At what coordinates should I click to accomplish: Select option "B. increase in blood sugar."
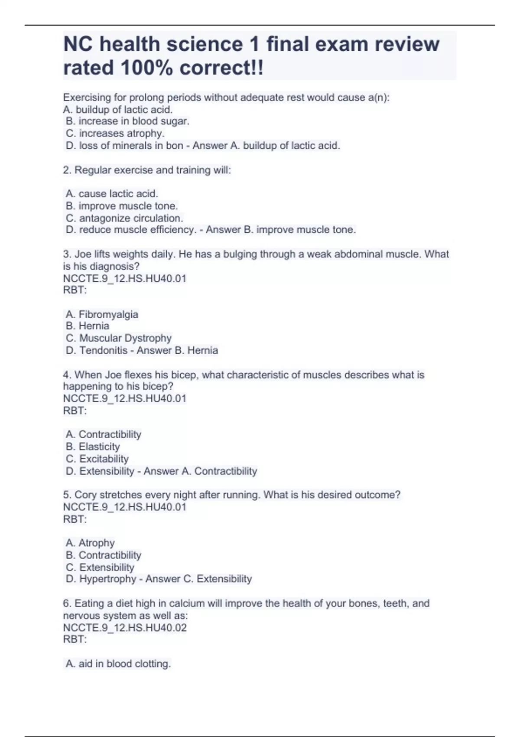point(127,121)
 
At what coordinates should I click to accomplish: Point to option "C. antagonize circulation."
point(124,218)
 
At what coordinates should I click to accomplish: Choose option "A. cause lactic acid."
point(112,193)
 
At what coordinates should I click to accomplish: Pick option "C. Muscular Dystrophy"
point(119,338)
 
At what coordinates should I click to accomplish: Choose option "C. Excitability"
point(97,459)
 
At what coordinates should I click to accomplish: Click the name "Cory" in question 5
point(85,495)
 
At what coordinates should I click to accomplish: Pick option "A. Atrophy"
point(90,543)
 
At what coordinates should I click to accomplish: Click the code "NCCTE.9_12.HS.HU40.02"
point(125,627)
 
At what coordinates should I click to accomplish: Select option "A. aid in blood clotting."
point(118,664)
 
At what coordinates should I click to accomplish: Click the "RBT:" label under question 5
point(75,519)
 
